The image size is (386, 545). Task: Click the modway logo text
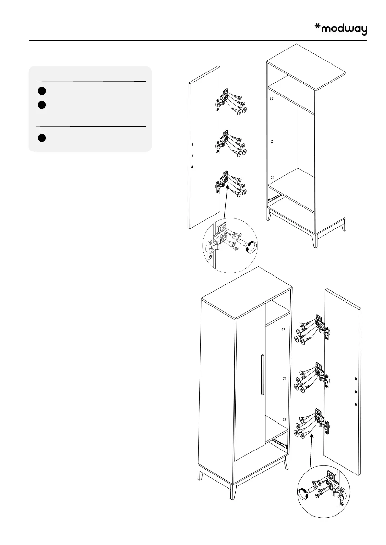pyautogui.click(x=345, y=29)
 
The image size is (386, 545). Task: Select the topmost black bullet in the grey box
pyautogui.click(x=41, y=91)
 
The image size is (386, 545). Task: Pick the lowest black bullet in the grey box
pyautogui.click(x=41, y=138)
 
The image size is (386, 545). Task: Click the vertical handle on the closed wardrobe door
pyautogui.click(x=262, y=374)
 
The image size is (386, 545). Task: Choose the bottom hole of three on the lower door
pyautogui.click(x=356, y=404)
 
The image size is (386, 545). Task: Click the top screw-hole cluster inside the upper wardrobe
pyautogui.click(x=272, y=98)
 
